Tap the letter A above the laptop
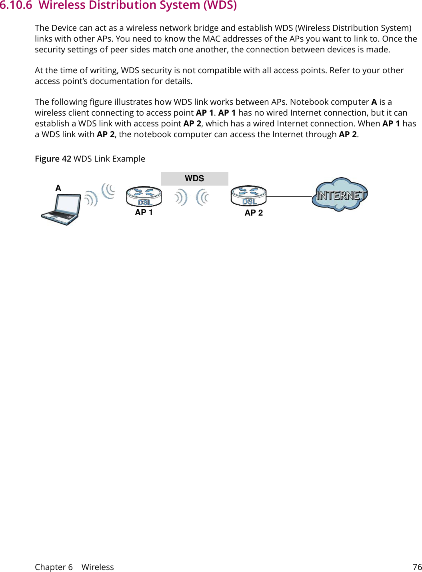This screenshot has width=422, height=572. pyautogui.click(x=58, y=188)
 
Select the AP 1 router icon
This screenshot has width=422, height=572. pyautogui.click(x=144, y=196)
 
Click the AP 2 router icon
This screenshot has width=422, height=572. pyautogui.click(x=248, y=196)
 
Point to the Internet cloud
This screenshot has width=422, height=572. pyautogui.click(x=340, y=194)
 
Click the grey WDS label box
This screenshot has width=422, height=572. pyautogui.click(x=194, y=179)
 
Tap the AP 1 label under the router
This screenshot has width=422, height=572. pyautogui.click(x=144, y=213)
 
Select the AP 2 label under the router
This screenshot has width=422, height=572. pyautogui.click(x=254, y=213)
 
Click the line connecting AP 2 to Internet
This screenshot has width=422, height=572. pyautogui.click(x=289, y=197)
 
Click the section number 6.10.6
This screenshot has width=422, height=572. pyautogui.click(x=16, y=5)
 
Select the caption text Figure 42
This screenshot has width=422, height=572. pyautogui.click(x=53, y=159)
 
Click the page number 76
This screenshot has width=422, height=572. pyautogui.click(x=417, y=567)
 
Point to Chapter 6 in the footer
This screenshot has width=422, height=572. pyautogui.click(x=54, y=567)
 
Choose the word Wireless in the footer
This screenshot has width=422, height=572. pyautogui.click(x=98, y=567)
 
